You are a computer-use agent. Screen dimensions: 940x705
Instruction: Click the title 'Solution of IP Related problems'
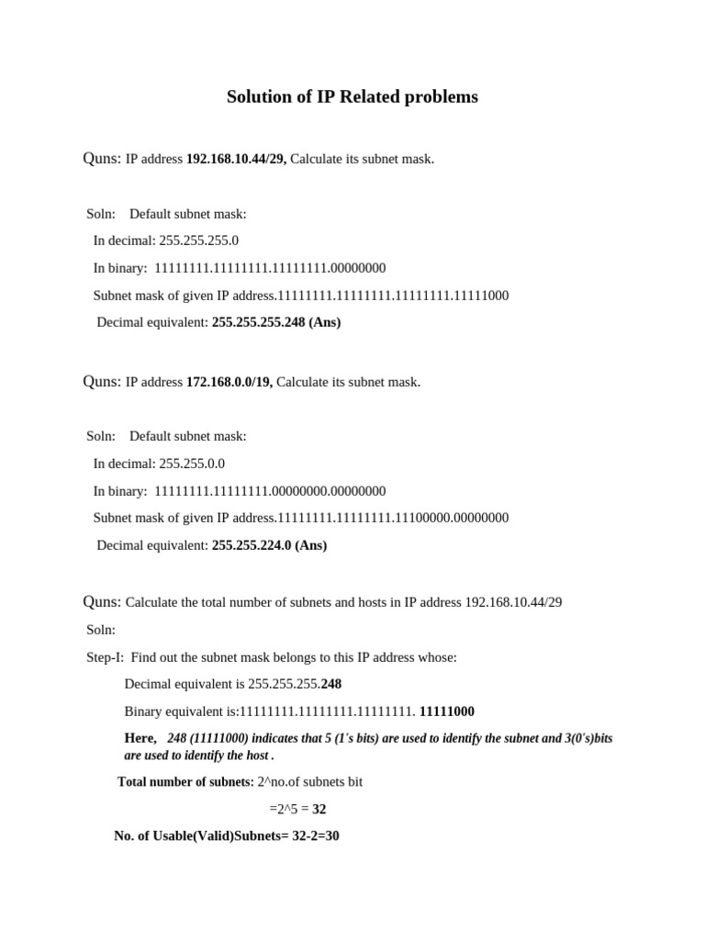(352, 96)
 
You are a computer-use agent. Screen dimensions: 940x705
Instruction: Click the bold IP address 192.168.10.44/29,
(236, 159)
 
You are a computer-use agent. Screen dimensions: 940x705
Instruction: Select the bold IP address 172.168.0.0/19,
(229, 382)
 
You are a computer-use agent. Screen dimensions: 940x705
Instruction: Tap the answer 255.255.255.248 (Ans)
(276, 322)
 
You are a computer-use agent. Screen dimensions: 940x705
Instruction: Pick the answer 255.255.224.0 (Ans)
(269, 545)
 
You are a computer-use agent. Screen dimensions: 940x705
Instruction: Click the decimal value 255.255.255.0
(198, 241)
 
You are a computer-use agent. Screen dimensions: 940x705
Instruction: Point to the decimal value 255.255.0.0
(191, 464)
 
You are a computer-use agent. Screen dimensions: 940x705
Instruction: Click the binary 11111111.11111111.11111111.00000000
(270, 268)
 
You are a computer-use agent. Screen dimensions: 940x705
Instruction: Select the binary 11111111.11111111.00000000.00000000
(270, 491)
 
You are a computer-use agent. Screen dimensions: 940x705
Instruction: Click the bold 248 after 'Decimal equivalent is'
(331, 684)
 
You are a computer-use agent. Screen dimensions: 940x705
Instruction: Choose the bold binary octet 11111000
(447, 711)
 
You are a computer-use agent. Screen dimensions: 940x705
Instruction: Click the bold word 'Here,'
(140, 738)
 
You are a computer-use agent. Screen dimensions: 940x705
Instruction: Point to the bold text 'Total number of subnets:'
(185, 782)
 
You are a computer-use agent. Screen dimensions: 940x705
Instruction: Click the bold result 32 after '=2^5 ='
(319, 810)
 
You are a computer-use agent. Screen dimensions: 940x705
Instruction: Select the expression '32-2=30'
(316, 836)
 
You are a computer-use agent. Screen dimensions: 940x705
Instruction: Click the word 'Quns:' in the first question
(102, 159)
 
